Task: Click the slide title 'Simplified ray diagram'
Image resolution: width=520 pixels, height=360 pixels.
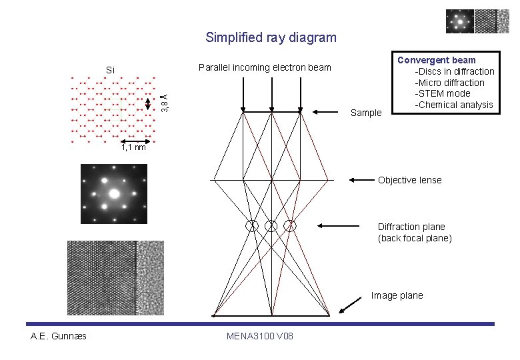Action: point(271,37)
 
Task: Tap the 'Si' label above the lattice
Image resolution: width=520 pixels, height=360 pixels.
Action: point(111,70)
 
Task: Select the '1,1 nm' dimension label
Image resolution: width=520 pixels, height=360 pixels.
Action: point(133,147)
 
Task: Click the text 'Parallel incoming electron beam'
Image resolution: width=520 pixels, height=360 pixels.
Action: point(265,67)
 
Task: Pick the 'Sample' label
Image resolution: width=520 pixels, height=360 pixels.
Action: point(366,113)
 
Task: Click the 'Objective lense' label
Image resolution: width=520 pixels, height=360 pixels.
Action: point(409,180)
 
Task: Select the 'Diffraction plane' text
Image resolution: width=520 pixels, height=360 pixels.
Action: point(411,227)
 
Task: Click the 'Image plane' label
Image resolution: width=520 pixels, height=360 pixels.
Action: point(397,295)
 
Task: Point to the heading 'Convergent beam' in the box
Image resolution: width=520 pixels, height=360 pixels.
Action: point(436,60)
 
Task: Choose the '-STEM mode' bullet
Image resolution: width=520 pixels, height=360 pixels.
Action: point(442,93)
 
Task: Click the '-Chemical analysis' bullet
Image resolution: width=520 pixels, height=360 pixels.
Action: point(453,105)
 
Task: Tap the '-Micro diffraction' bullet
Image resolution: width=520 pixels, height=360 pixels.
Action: point(449,83)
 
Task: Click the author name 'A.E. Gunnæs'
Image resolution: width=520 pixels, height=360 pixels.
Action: point(59,335)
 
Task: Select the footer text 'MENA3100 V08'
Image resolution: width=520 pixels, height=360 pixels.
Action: point(260,335)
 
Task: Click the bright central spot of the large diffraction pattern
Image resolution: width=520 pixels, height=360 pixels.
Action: point(114,194)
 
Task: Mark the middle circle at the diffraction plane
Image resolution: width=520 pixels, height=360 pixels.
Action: point(271,226)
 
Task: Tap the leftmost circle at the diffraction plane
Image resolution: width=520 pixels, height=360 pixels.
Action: point(252,226)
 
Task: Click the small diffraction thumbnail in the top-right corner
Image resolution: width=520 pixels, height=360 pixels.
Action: point(459,21)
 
